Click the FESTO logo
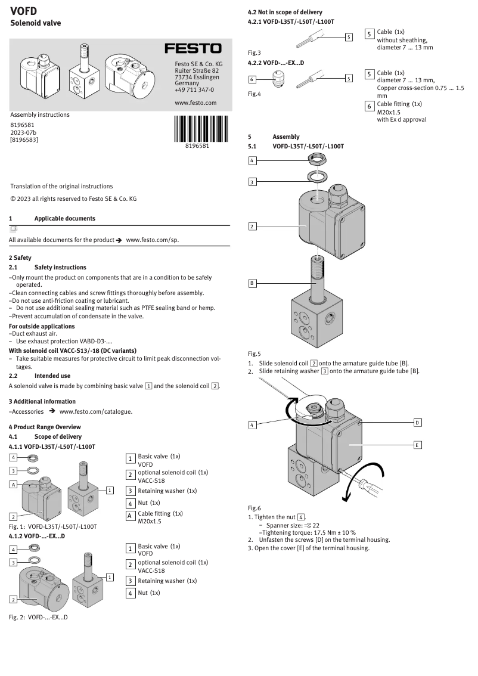(x=193, y=48)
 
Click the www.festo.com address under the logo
(x=195, y=103)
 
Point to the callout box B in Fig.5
(x=252, y=283)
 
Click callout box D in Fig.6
(x=417, y=423)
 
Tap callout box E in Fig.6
(x=417, y=445)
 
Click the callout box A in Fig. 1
(x=13, y=484)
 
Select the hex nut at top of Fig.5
(x=316, y=159)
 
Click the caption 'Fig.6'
(x=254, y=508)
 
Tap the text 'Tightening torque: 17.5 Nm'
(x=307, y=532)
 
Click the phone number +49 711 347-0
(x=194, y=90)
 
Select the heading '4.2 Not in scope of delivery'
(x=285, y=13)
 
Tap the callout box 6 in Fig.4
(x=252, y=79)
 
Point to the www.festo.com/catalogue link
(x=95, y=411)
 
